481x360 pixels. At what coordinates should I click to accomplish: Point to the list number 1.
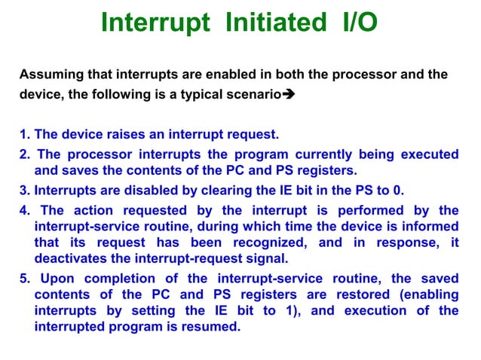[24, 136]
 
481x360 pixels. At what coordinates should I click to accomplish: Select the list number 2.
[24, 154]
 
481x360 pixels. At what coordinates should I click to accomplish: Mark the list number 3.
[24, 190]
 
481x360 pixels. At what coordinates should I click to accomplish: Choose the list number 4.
[24, 209]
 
